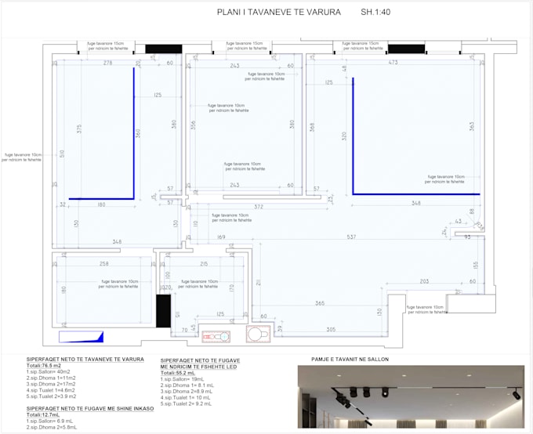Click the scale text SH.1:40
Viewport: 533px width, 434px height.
tap(379, 13)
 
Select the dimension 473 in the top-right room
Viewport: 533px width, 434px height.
tap(393, 63)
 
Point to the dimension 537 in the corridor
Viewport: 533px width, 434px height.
tap(351, 237)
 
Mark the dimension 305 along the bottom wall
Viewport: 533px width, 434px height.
tap(331, 329)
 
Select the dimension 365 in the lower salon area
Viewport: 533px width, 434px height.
tap(320, 302)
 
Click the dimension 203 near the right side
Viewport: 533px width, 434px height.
tap(423, 281)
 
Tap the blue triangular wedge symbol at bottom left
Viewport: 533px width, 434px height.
tap(82, 337)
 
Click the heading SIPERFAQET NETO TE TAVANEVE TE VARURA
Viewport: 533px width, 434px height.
tap(85, 360)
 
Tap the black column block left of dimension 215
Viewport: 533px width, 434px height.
tap(163, 311)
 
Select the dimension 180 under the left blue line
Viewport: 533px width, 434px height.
tap(101, 205)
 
